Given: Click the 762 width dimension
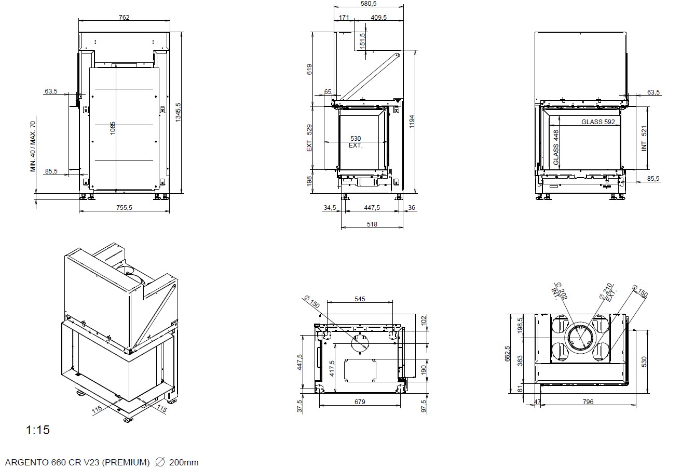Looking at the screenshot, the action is pos(124,17).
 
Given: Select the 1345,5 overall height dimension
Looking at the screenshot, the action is pos(178,112).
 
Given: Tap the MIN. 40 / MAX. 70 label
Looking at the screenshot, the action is pos(33,146).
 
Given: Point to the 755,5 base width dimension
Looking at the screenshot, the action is pos(124,207).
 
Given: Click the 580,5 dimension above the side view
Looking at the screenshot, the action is pos(369,4).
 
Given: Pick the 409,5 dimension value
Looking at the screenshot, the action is pos(379,17).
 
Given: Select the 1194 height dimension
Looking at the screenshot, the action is pos(412,122).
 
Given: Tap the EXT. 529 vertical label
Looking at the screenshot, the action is pos(309,138).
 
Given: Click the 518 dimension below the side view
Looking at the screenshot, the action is pos(372,224).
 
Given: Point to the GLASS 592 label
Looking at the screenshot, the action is pos(598,122).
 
